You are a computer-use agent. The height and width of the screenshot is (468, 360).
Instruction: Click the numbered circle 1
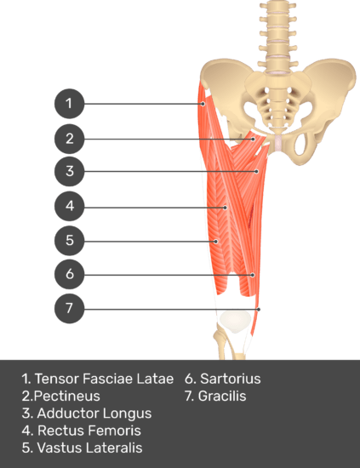(69, 104)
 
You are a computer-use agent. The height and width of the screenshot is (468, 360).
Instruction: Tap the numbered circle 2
(69, 139)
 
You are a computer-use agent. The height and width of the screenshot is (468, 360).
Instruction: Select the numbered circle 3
(69, 171)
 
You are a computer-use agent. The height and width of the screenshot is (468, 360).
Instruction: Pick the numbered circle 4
(69, 206)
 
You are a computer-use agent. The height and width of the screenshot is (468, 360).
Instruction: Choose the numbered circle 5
(69, 241)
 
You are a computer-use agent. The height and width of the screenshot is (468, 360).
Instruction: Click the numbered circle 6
(69, 274)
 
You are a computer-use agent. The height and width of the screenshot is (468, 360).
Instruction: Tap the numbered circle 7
(69, 308)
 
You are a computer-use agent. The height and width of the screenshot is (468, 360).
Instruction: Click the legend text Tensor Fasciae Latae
(104, 379)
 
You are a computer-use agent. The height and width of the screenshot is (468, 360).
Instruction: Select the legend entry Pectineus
(67, 396)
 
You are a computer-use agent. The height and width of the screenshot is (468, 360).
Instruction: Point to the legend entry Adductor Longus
(94, 414)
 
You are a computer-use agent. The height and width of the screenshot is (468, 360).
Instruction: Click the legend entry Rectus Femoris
(89, 431)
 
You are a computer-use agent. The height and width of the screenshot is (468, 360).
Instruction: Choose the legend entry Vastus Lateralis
(89, 448)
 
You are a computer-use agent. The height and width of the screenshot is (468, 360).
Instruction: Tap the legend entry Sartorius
(231, 379)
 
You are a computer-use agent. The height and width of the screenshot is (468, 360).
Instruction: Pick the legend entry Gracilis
(222, 396)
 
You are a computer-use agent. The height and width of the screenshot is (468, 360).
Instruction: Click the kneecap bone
(235, 321)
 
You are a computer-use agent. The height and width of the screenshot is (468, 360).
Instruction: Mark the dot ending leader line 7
(259, 310)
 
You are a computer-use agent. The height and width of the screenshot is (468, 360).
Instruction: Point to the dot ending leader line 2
(253, 139)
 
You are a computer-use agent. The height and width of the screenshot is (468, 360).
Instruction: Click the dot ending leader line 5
(216, 242)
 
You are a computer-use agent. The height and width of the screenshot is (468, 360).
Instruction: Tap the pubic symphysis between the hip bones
(278, 142)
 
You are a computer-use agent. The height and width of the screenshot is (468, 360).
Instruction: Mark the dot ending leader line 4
(225, 208)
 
